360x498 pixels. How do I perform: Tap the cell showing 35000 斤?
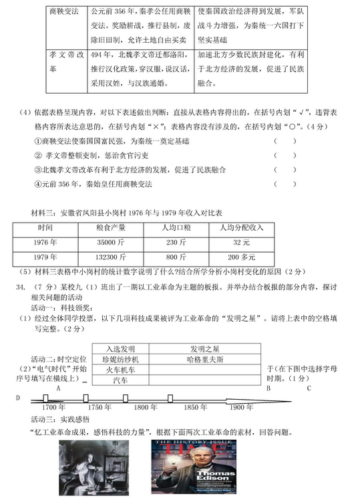[110, 242]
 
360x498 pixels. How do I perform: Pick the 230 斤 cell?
[175, 242]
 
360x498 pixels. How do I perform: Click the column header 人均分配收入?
[240, 227]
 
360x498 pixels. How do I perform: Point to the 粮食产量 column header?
[111, 227]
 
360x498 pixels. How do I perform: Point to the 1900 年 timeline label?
[242, 407]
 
